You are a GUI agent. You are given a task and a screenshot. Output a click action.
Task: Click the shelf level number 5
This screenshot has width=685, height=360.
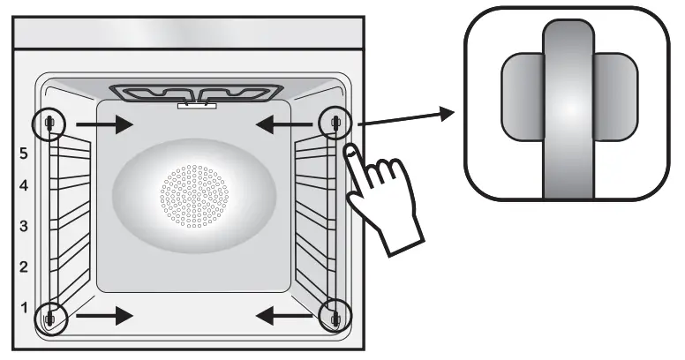(x=24, y=153)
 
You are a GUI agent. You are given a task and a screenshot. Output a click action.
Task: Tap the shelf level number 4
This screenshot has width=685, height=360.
(x=24, y=186)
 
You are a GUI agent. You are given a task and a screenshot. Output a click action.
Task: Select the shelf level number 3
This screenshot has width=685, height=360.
(x=24, y=226)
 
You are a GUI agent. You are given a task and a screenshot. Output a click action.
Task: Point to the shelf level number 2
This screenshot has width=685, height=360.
(x=24, y=266)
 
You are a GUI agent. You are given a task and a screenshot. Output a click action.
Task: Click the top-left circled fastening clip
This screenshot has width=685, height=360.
(x=49, y=123)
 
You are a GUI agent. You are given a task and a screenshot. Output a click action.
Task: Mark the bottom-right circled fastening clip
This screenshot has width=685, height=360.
(x=335, y=314)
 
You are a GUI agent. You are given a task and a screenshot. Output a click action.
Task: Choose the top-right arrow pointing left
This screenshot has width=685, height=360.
(x=283, y=124)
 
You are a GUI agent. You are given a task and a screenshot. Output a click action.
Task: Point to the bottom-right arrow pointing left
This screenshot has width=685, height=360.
(x=283, y=315)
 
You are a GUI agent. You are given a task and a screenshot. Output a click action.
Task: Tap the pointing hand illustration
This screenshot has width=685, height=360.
(x=381, y=194)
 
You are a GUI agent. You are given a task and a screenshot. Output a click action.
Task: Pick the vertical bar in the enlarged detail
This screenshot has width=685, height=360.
(x=569, y=106)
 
